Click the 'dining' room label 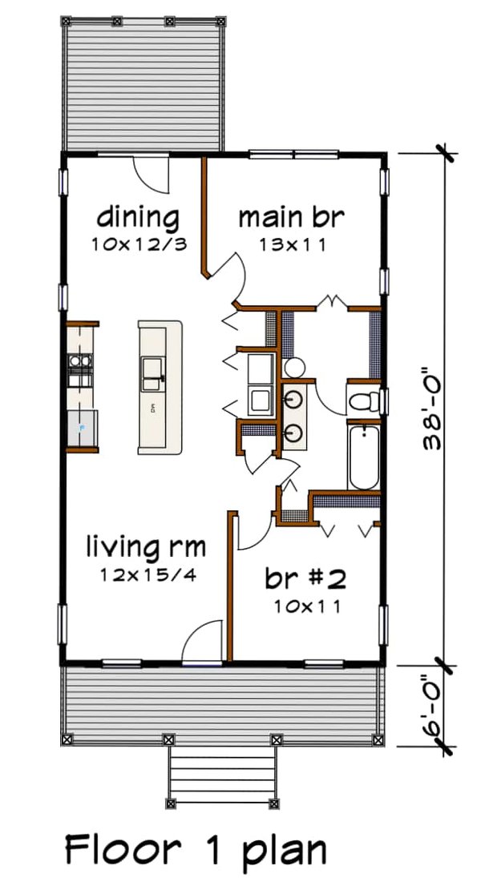point(138,216)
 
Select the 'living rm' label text point(146,548)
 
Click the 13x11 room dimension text point(292,246)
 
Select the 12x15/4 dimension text point(148,575)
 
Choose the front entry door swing point(200,642)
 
